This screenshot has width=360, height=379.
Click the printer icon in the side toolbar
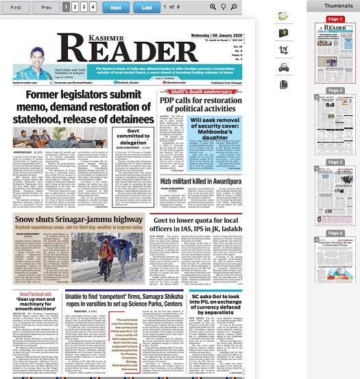point(284,66)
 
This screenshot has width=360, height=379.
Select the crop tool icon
point(284,49)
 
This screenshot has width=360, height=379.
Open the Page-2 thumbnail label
point(335,90)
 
